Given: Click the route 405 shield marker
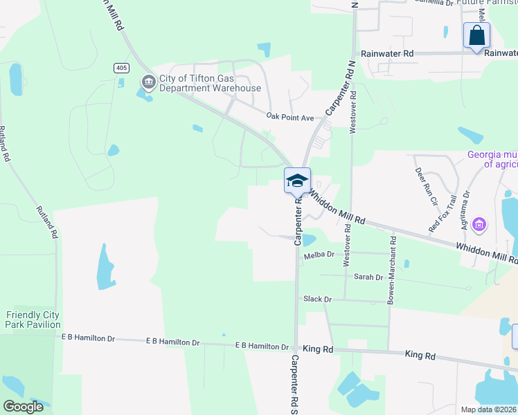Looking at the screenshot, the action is [122, 67].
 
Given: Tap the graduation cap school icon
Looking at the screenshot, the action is [297, 181].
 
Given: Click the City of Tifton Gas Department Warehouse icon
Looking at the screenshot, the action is [148, 82].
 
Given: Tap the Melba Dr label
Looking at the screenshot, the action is [319, 257].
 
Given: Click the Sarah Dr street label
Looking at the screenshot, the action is [368, 277].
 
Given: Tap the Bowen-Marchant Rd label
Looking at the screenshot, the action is [392, 270].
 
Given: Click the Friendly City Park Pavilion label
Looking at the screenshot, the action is [33, 320].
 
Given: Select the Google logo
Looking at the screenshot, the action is [23, 407].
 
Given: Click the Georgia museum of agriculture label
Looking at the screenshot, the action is [492, 159].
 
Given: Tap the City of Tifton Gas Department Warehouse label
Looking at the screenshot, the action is [211, 83].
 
